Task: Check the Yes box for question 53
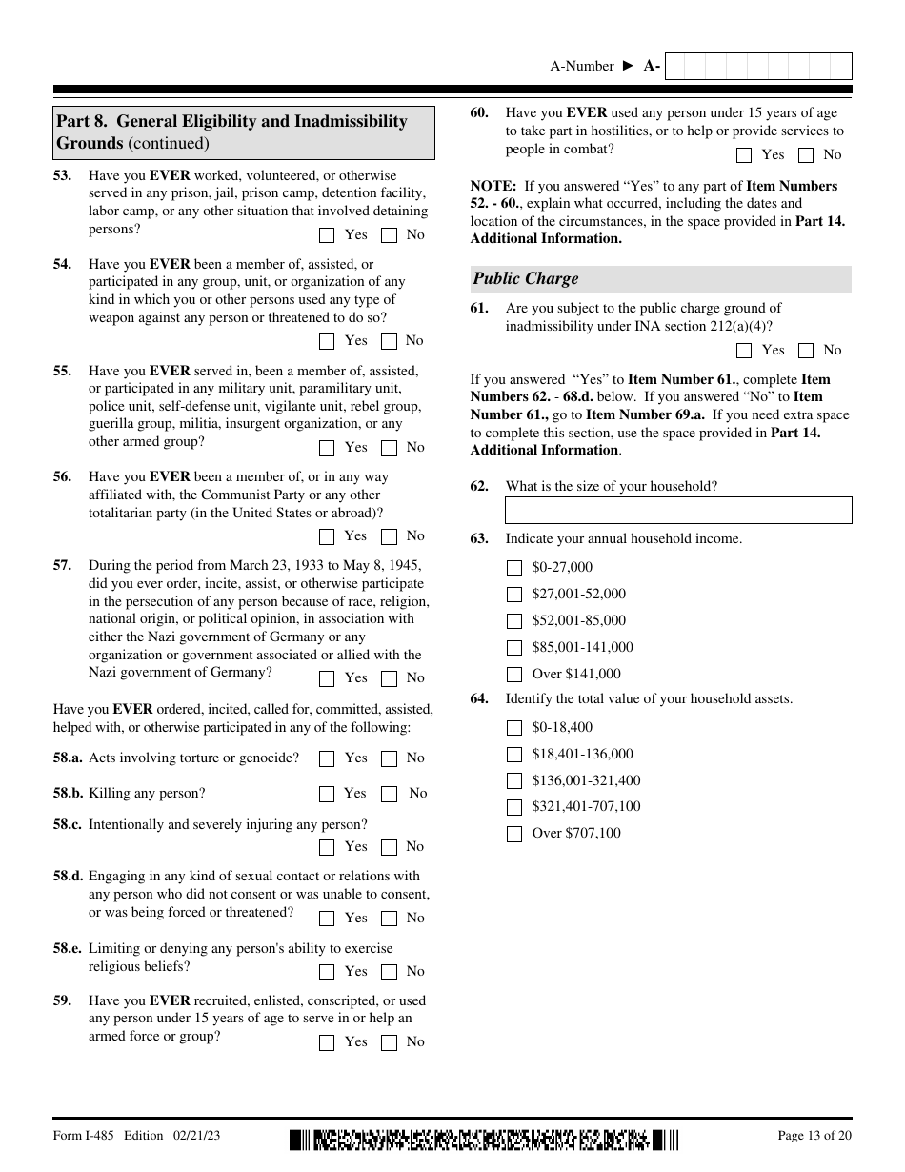pos(327,235)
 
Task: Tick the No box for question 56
pos(389,536)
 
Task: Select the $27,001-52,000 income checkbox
pos(514,595)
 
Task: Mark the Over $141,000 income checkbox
pos(514,675)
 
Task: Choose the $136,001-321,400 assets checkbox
pos(514,781)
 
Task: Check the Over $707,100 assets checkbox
pos(514,834)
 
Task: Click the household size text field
pos(678,510)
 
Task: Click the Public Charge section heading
pos(526,279)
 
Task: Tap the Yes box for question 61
pos(744,351)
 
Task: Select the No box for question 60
pos(806,155)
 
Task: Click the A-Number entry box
pos(757,66)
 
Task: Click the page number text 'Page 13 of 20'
pos(814,1136)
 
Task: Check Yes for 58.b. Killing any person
pos(327,794)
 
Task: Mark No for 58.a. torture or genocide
pos(389,758)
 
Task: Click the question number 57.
pos(62,565)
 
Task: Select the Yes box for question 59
pos(327,1042)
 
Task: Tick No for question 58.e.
pos(389,972)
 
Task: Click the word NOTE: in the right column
pos(493,186)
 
